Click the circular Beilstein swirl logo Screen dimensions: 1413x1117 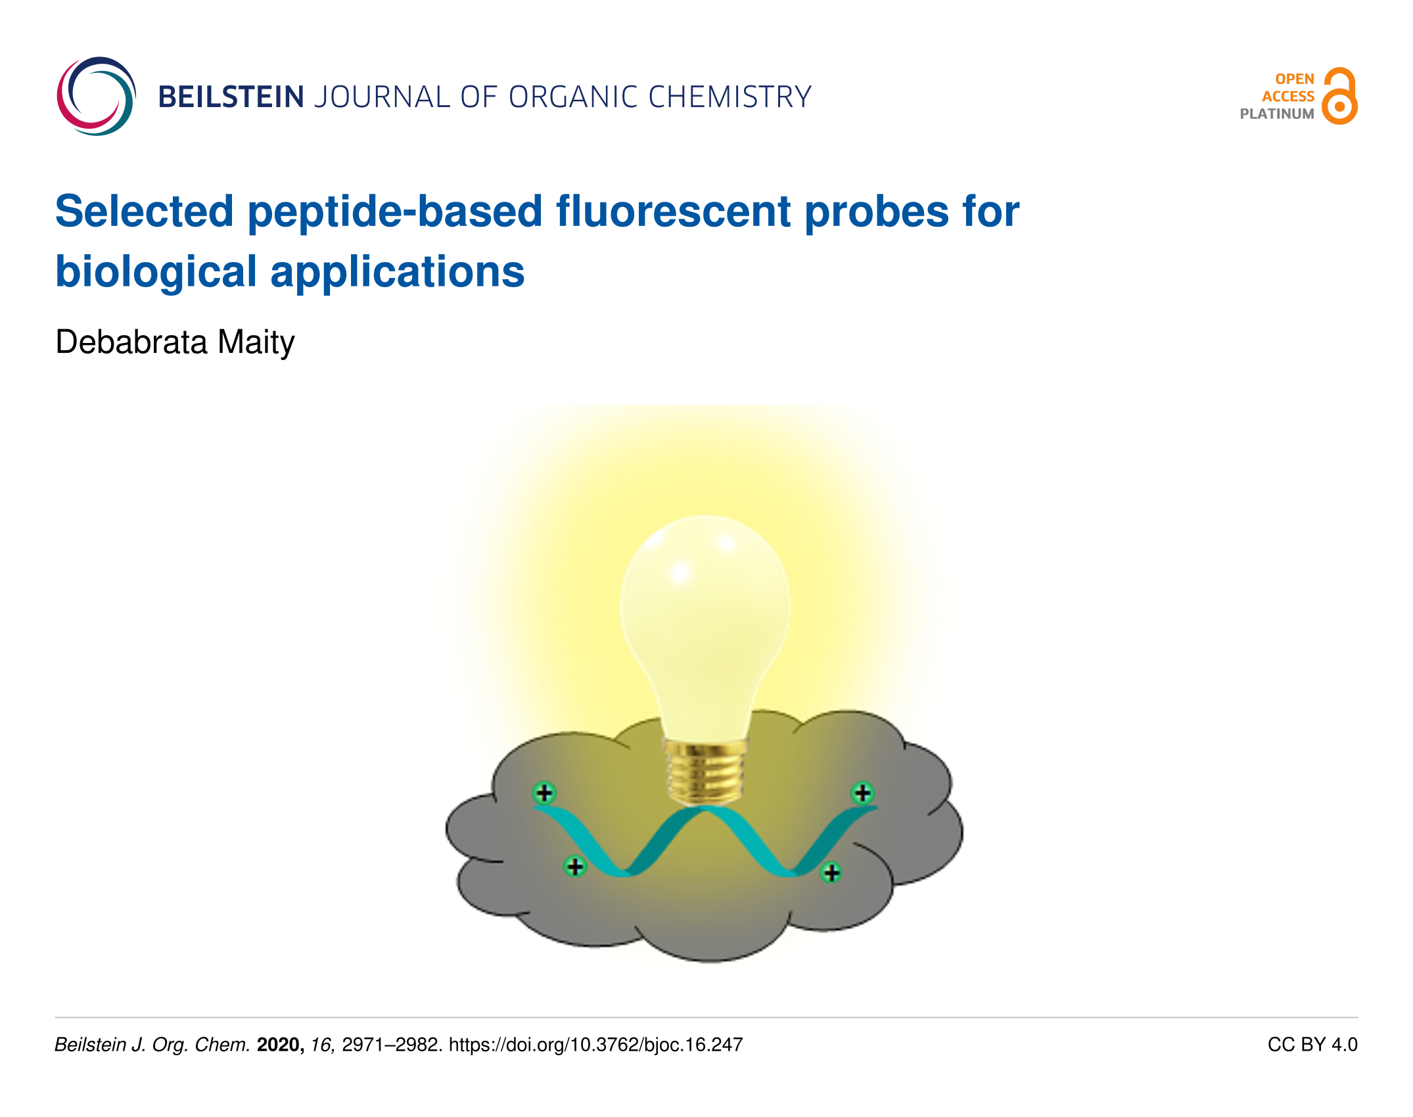97,97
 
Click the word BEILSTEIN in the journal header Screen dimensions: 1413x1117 231,97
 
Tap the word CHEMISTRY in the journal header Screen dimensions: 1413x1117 730,97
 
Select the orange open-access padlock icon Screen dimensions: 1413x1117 1340,96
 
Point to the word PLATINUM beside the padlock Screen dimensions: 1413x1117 1277,114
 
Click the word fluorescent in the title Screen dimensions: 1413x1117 674,212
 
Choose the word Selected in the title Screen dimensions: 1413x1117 145,212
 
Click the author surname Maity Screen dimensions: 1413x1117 256,343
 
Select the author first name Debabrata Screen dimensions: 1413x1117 131,342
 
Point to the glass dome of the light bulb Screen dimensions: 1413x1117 705,624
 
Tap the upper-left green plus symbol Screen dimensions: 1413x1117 544,793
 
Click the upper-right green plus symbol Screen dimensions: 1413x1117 862,793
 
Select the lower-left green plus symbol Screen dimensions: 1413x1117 575,867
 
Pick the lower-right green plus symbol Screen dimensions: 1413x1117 831,873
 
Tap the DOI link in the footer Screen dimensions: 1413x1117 595,1045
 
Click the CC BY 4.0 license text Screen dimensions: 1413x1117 1312,1045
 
